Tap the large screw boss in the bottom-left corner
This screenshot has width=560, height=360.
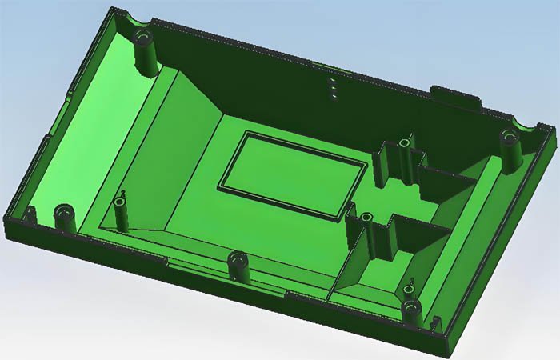63,214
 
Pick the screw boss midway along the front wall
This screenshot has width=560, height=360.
238,261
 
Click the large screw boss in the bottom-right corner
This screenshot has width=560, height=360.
411,308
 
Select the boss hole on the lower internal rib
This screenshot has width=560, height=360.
366,217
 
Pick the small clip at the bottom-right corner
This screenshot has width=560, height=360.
436,324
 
